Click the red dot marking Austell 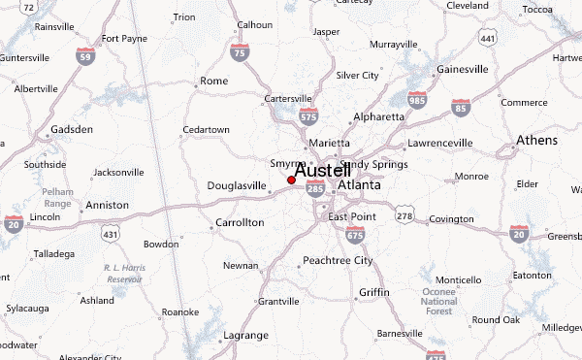(291, 180)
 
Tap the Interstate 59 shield (86, 55)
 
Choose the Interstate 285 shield (314, 191)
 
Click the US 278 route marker (404, 214)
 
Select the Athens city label (536, 141)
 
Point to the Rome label (212, 82)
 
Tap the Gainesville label (462, 70)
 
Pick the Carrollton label (239, 222)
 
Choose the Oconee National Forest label (438, 302)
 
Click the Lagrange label (246, 335)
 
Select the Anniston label (107, 206)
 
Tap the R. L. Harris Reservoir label (124, 273)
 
